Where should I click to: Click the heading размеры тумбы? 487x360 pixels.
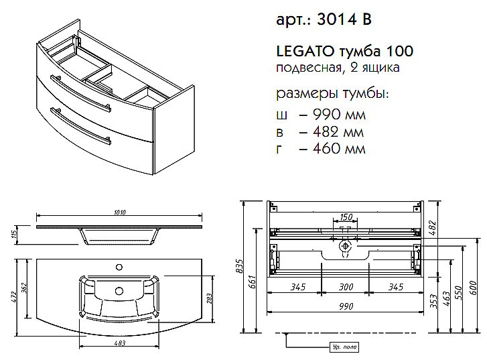click(x=332, y=92)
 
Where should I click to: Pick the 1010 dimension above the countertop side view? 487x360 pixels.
click(x=120, y=213)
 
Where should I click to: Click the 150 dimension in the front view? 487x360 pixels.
click(x=345, y=217)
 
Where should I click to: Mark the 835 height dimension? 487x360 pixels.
click(x=240, y=266)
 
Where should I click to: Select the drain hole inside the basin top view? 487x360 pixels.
click(x=121, y=292)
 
